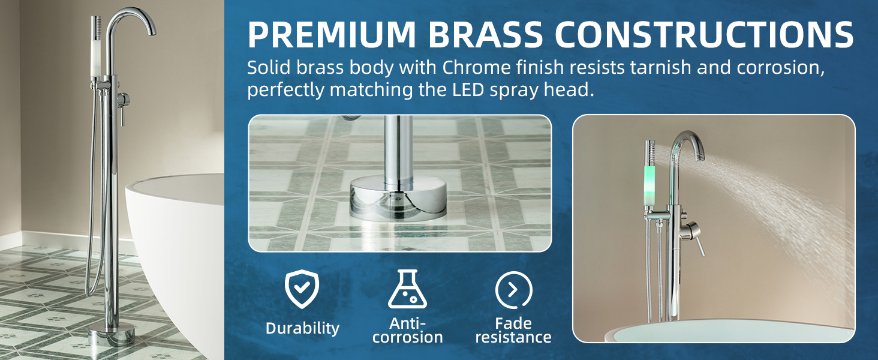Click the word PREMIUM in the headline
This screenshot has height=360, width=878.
click(x=332, y=34)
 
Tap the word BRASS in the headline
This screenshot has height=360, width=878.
click(x=485, y=34)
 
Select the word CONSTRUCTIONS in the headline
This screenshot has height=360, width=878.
click(x=704, y=34)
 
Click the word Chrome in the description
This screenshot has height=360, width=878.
click(x=476, y=67)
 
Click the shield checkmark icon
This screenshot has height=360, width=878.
click(x=302, y=289)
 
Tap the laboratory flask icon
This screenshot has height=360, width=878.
click(x=407, y=289)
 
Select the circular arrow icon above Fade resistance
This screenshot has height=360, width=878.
click(x=513, y=290)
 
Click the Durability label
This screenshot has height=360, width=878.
click(x=302, y=328)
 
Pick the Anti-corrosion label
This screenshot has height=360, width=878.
click(x=407, y=330)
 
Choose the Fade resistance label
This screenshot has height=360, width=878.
click(x=513, y=330)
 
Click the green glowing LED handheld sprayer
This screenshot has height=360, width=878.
click(x=650, y=180)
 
